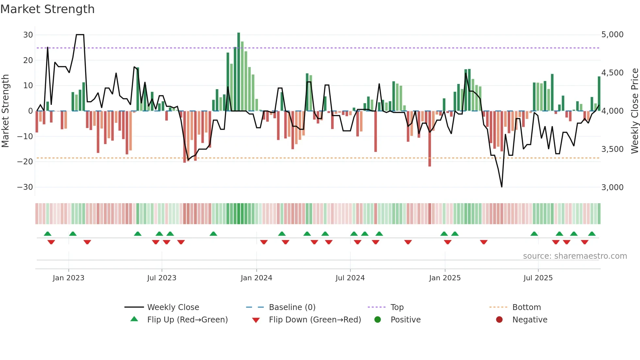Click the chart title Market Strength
[47, 9]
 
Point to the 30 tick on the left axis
[28, 35]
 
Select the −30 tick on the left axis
[25, 187]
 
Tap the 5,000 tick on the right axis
[612, 35]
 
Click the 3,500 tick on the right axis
[612, 149]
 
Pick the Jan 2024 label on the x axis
[256, 278]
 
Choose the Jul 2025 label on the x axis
[538, 278]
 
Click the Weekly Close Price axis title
[634, 111]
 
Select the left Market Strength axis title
[5, 111]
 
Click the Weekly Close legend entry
[173, 307]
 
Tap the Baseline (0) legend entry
[292, 307]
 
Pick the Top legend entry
[397, 307]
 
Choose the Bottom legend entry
[526, 307]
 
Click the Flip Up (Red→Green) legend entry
[187, 320]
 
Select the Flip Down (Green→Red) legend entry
[315, 320]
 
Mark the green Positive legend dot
[378, 320]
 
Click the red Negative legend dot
[499, 320]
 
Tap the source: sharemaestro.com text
[575, 256]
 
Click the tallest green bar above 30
[239, 72]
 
